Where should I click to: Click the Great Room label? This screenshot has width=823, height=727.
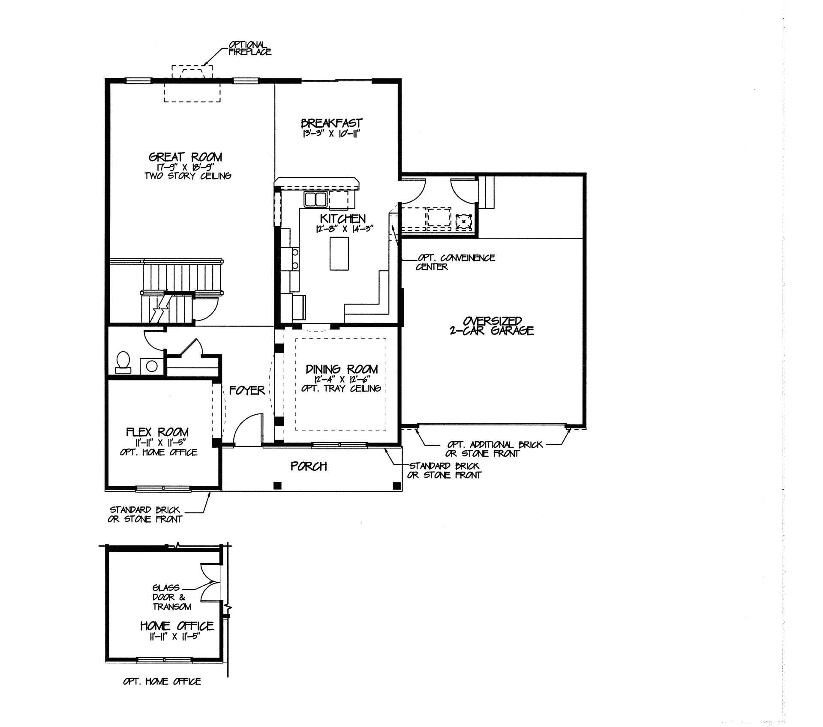[185, 157]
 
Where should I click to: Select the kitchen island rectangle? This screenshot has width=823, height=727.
[339, 253]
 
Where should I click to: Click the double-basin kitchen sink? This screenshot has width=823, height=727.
[315, 199]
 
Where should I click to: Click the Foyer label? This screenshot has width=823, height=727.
[247, 390]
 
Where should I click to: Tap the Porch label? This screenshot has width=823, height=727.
[309, 466]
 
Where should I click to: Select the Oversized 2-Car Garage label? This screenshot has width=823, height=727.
[492, 326]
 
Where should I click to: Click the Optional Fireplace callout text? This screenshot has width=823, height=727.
[249, 48]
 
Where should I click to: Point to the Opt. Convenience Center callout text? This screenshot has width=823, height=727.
[455, 262]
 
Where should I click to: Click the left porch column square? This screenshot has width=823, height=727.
[278, 485]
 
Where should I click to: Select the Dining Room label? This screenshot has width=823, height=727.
[342, 369]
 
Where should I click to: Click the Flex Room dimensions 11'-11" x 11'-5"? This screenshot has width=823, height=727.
[158, 443]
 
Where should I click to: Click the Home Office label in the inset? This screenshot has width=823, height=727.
[177, 626]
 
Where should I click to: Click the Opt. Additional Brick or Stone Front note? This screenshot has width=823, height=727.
[494, 449]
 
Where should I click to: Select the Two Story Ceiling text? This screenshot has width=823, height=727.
[188, 176]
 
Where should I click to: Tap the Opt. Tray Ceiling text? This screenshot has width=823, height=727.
[341, 389]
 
